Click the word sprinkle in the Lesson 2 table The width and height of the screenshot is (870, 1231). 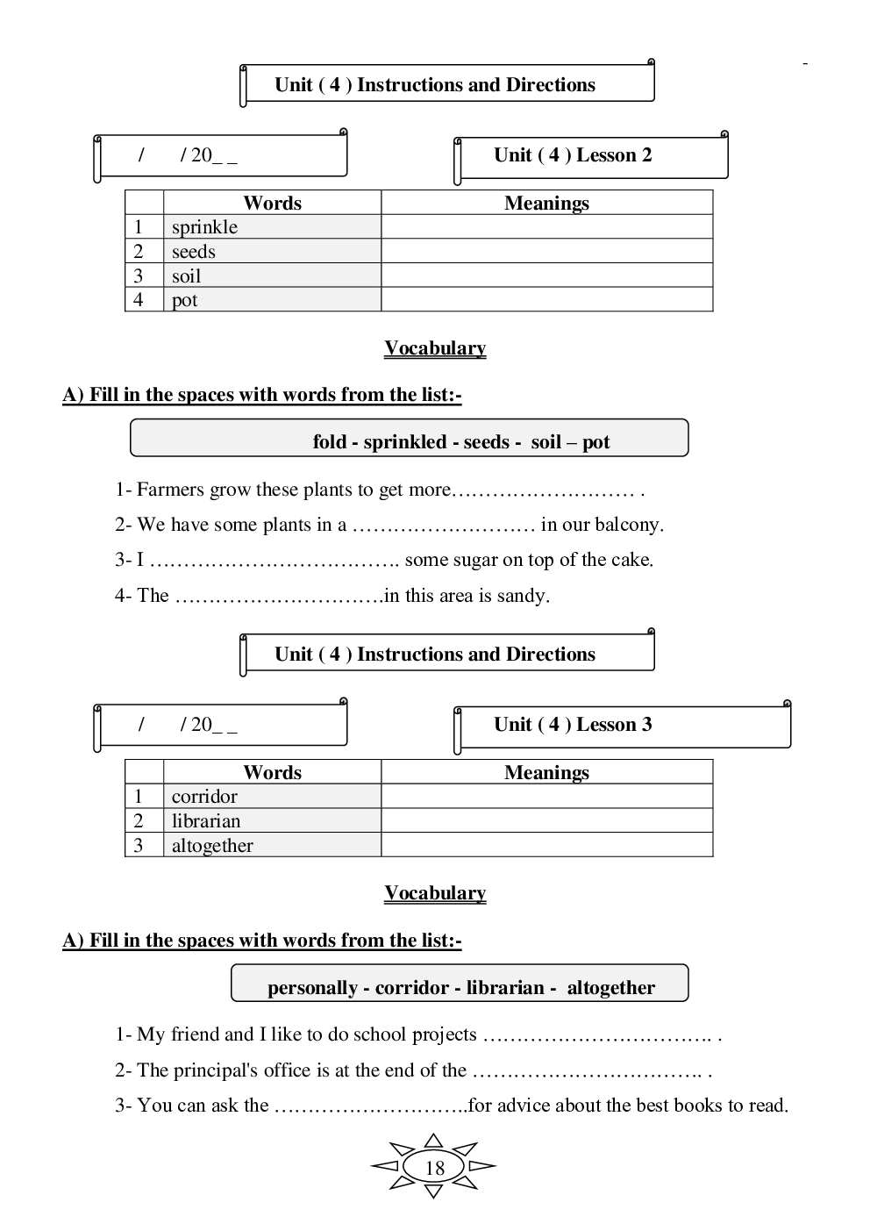coord(204,227)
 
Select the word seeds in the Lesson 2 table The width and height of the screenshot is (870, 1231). coord(194,252)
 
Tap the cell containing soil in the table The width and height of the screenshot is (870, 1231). coord(187,276)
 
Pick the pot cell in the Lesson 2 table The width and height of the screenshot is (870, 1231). coord(185,300)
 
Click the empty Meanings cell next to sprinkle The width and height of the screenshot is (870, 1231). coord(546,227)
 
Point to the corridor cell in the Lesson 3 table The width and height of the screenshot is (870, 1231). coord(204,797)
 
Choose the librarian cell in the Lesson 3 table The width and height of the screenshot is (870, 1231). coord(206,821)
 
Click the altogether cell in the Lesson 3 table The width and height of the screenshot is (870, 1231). coord(212,846)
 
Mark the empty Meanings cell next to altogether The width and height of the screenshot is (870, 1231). coord(546,846)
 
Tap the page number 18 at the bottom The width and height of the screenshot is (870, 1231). coord(434,1168)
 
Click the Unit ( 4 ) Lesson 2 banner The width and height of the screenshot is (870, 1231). coord(573,155)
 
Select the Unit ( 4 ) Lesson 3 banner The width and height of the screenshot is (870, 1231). coord(573,725)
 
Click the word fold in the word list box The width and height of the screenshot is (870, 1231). coord(330,442)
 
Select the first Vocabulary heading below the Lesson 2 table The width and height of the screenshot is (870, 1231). coord(435,348)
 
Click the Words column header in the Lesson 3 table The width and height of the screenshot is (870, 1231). coord(272,773)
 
